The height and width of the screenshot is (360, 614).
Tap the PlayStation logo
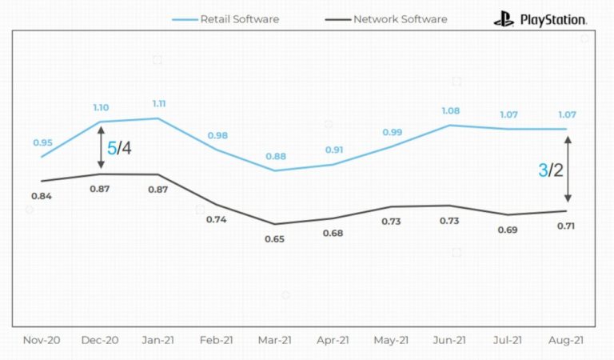point(540,19)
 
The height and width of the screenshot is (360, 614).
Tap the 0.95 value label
point(42,142)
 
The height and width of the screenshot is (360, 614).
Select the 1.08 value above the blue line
point(449,111)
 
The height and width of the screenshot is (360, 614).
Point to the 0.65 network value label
point(275,238)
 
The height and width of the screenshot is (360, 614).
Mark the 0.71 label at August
point(567,226)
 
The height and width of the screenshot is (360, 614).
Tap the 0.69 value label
point(508,230)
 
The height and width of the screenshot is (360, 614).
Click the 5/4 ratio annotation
point(119,148)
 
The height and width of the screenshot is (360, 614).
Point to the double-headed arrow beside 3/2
point(568,170)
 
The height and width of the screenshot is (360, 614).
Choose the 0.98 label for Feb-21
point(217,135)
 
